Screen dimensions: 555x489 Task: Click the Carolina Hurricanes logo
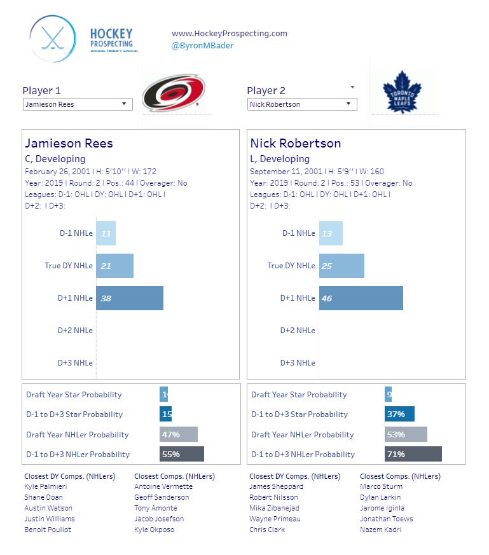tap(174, 93)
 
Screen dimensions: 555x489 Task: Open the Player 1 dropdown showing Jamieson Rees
tap(78, 104)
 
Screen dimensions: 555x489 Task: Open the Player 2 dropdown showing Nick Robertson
tap(302, 104)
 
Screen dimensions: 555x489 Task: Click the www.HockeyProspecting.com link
tap(230, 33)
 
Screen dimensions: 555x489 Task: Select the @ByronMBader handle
tap(202, 45)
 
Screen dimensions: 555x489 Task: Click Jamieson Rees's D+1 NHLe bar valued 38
tap(130, 298)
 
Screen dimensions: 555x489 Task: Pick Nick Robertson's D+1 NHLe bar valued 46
tap(361, 298)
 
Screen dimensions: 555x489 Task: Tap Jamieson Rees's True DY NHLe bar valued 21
tap(115, 266)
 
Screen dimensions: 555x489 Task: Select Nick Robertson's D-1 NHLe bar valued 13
tap(331, 233)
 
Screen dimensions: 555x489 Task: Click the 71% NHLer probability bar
tap(413, 454)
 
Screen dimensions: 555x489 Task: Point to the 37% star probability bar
tap(399, 415)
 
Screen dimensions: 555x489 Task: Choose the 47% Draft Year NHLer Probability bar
tap(179, 434)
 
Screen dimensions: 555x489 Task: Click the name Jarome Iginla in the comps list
tap(380, 508)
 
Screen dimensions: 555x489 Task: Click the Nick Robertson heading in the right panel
tap(295, 143)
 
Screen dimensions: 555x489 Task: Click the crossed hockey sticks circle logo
tap(53, 39)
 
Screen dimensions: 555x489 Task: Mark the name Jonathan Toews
tap(386, 519)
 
